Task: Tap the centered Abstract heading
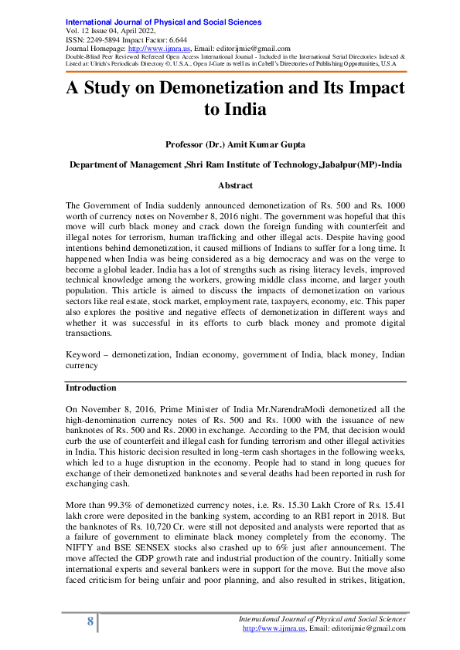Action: click(235, 185)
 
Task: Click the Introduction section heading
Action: click(90, 388)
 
